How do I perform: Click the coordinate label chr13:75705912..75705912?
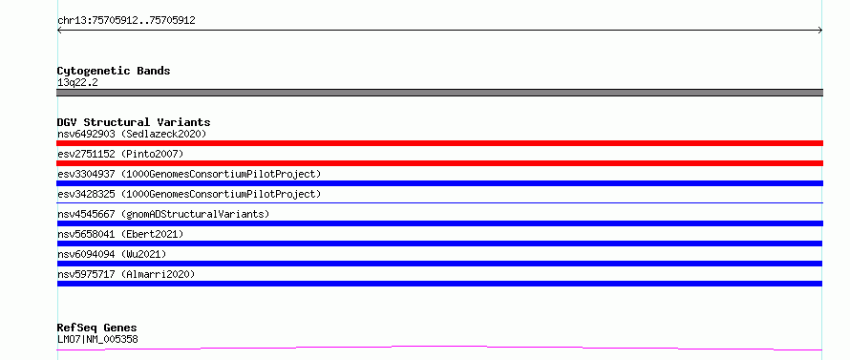point(126,21)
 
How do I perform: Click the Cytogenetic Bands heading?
point(114,71)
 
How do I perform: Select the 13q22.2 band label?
point(77,83)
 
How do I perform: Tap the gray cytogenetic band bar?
point(439,93)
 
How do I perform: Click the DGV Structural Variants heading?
point(134,122)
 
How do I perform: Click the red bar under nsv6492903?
point(439,143)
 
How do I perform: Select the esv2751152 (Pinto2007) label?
point(120,154)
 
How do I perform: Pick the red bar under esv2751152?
point(439,163)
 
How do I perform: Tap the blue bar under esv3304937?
point(439,183)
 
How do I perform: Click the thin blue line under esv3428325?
point(439,202)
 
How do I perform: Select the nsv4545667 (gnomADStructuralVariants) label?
point(163,214)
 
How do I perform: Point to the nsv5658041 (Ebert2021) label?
point(120,234)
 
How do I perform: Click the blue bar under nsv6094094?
point(439,264)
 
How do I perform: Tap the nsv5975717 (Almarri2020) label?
point(126,274)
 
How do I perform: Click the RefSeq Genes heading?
point(97,328)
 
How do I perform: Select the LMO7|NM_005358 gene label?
point(97,340)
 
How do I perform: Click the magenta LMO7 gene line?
point(439,347)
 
